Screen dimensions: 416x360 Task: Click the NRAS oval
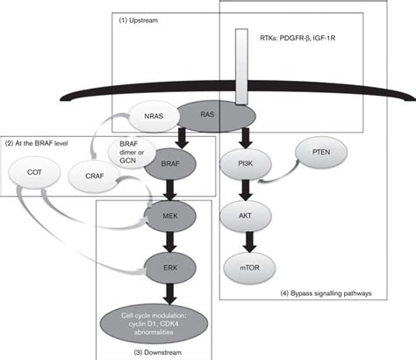click(x=154, y=116)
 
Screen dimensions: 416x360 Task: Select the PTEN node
click(x=321, y=152)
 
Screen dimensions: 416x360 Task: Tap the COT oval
click(x=34, y=172)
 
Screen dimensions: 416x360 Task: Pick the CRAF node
click(x=94, y=176)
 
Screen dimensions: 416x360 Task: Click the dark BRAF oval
click(x=170, y=164)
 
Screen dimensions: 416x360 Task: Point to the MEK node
click(x=170, y=216)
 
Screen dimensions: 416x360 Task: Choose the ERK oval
click(x=170, y=268)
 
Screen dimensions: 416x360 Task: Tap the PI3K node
click(x=245, y=164)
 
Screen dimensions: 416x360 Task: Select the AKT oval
click(x=245, y=216)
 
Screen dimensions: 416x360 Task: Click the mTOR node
click(x=250, y=268)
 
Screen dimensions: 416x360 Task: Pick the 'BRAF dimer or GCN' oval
click(x=132, y=152)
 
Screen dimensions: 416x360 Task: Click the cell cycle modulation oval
click(x=154, y=324)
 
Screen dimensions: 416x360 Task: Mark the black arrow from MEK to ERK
click(x=170, y=241)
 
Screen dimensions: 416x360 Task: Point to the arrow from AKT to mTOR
click(x=249, y=241)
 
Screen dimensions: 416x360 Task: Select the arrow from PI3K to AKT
click(x=245, y=190)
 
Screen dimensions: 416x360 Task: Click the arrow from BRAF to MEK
click(x=170, y=190)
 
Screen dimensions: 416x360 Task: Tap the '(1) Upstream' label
click(x=138, y=20)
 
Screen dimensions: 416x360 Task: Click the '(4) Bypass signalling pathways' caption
click(x=326, y=293)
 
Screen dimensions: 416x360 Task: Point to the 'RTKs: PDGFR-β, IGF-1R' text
click(x=298, y=38)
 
